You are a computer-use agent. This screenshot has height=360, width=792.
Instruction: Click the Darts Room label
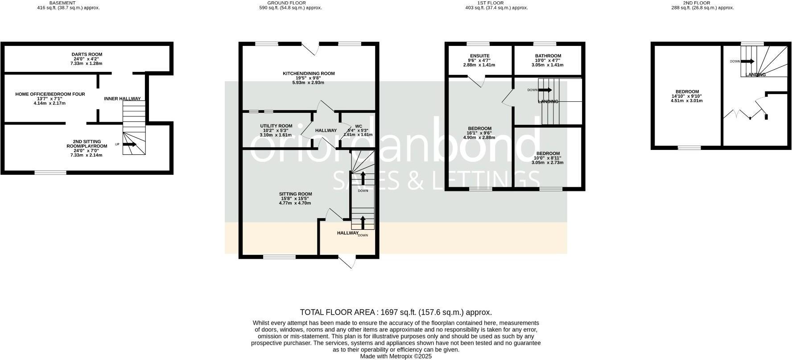pyautogui.click(x=87, y=54)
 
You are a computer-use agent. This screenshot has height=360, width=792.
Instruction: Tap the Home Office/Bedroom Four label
pyautogui.click(x=50, y=94)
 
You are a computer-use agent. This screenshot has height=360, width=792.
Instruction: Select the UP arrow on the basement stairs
pyautogui.click(x=130, y=144)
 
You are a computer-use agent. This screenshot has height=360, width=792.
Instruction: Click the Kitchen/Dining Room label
pyautogui.click(x=308, y=74)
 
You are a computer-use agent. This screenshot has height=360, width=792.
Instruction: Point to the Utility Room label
pyautogui.click(x=276, y=126)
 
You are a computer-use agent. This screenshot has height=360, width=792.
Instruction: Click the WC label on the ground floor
pyautogui.click(x=358, y=126)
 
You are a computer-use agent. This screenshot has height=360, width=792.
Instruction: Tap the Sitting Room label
pyautogui.click(x=295, y=194)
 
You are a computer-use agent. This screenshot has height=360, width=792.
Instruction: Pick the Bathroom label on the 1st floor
pyautogui.click(x=548, y=56)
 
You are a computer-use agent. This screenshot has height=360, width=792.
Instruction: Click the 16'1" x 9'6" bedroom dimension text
pyautogui.click(x=479, y=133)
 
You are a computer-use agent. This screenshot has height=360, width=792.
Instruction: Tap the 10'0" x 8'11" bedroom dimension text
pyautogui.click(x=547, y=158)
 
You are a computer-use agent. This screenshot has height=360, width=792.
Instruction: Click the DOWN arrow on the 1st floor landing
pyautogui.click(x=545, y=90)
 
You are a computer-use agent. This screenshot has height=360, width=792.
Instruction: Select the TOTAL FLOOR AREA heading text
pyautogui.click(x=396, y=312)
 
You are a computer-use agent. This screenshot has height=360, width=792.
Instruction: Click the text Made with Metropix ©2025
pyautogui.click(x=396, y=356)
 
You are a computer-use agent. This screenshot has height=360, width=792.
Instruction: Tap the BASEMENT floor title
pyautogui.click(x=62, y=3)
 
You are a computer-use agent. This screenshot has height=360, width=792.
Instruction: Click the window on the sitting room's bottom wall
pyautogui.click(x=279, y=257)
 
